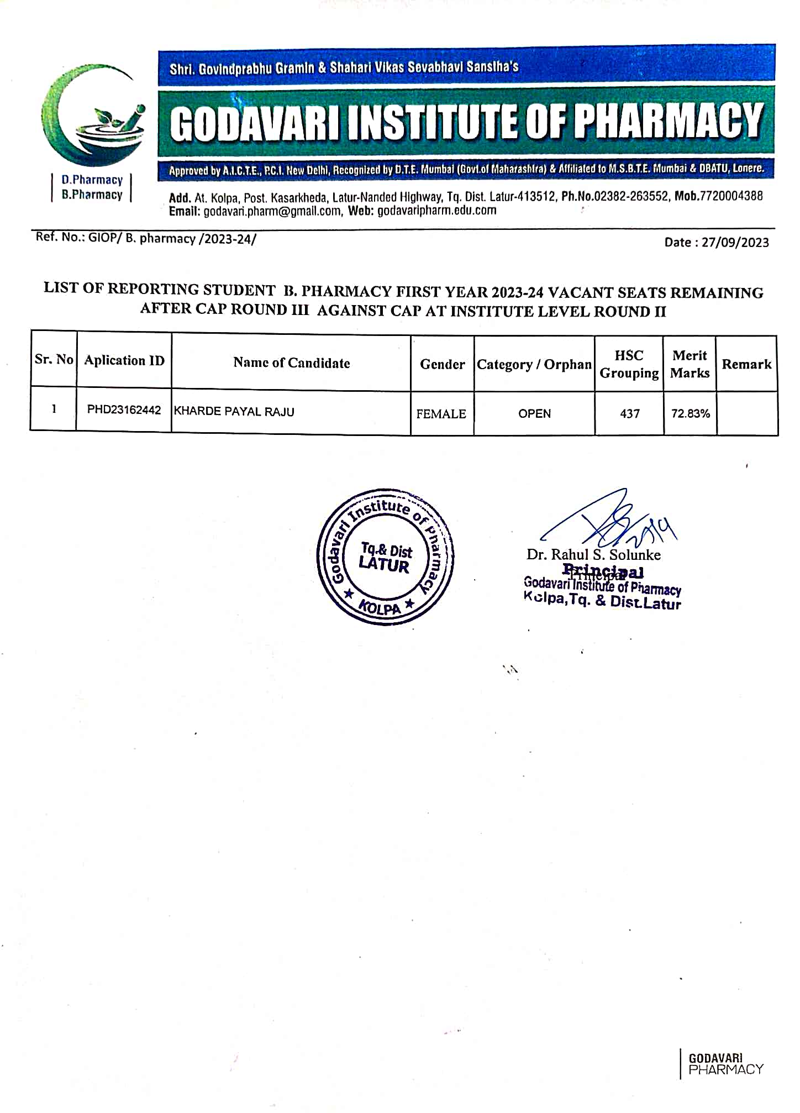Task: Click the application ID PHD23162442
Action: pyautogui.click(x=124, y=410)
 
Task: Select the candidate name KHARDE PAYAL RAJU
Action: pyautogui.click(x=234, y=412)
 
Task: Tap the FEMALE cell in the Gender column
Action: pyautogui.click(x=441, y=414)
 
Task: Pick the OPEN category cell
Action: pyautogui.click(x=534, y=414)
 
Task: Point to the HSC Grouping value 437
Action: pyautogui.click(x=629, y=414)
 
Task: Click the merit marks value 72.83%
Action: pyautogui.click(x=690, y=414)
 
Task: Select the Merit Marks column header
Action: pyautogui.click(x=690, y=364)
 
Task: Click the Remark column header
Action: pyautogui.click(x=746, y=364)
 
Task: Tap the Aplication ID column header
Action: pyautogui.click(x=124, y=361)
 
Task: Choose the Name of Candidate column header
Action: pyautogui.click(x=291, y=363)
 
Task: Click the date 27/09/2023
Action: pyautogui.click(x=735, y=243)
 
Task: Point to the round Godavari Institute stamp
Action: pyautogui.click(x=385, y=557)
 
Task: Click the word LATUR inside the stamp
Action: pyautogui.click(x=384, y=565)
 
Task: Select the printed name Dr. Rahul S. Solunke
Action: pyautogui.click(x=593, y=554)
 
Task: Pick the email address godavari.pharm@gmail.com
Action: pyautogui.click(x=272, y=211)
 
